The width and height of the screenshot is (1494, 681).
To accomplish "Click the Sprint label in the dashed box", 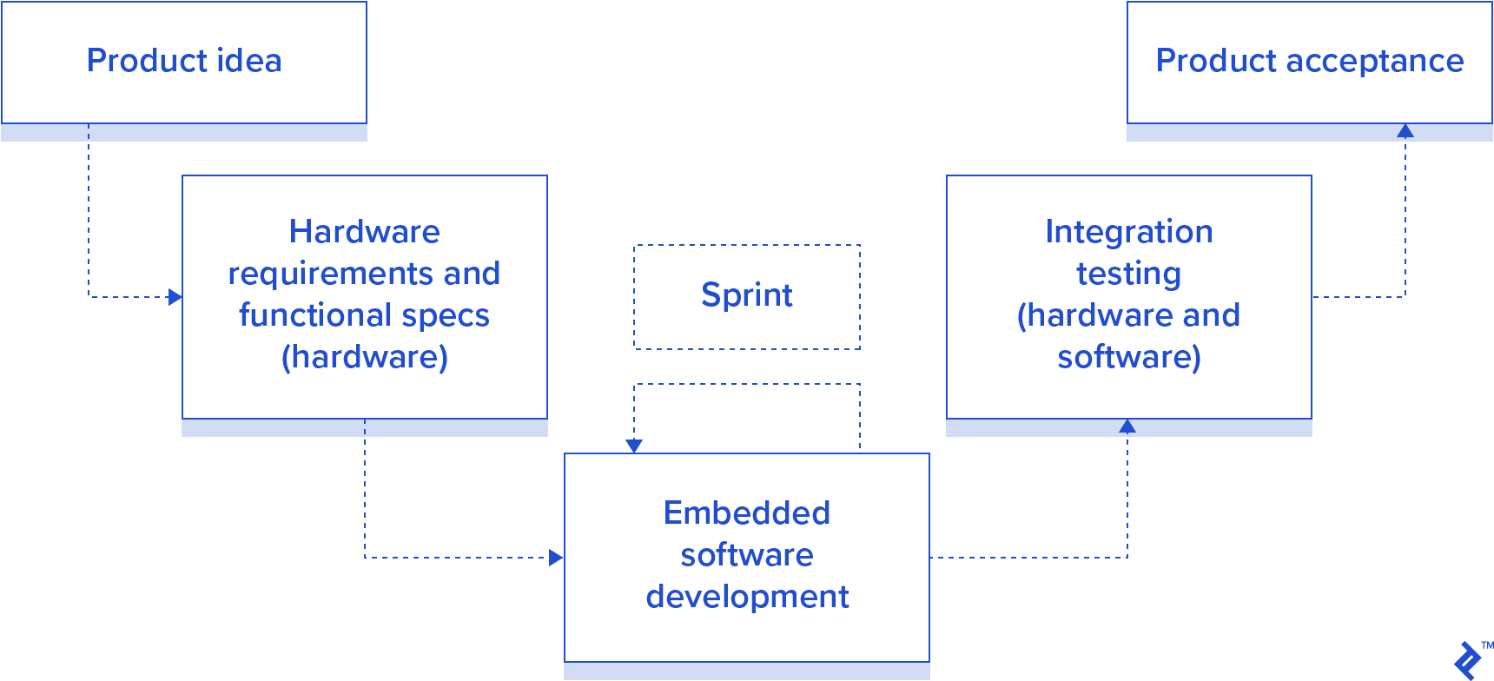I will [747, 295].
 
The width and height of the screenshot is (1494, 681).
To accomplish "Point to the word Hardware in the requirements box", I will [365, 232].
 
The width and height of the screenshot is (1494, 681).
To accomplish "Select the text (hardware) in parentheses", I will [365, 357].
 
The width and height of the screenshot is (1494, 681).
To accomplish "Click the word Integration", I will [1129, 232].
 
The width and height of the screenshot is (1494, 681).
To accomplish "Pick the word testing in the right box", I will [1129, 274].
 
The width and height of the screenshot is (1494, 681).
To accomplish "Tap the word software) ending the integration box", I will [1129, 357].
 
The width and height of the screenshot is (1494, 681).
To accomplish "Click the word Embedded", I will [747, 513].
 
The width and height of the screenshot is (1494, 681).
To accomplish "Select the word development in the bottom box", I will [747, 597].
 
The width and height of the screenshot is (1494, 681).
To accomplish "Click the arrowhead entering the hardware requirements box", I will [175, 297].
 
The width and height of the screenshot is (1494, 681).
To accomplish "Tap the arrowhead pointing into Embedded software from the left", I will [556, 558].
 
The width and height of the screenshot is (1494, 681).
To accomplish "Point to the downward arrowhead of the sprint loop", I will [634, 446].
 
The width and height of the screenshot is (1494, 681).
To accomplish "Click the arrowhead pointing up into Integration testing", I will [1127, 426].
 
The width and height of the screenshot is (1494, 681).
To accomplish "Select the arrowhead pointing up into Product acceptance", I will [1405, 131].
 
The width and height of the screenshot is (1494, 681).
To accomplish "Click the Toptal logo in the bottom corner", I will [1468, 661].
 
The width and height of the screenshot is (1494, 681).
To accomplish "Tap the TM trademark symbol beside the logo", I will [1487, 645].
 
